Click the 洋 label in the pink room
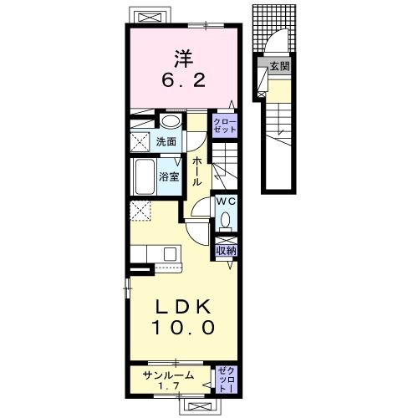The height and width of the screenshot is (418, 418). (184, 59)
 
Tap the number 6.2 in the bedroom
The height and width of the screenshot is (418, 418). (184, 81)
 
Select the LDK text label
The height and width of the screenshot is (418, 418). (183, 308)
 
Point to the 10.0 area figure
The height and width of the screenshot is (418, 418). (183, 327)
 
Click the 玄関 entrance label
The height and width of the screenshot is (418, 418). (279, 66)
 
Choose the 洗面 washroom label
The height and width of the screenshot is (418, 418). (166, 142)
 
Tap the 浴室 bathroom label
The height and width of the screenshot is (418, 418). (169, 177)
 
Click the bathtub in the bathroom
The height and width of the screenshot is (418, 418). (144, 177)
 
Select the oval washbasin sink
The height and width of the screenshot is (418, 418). (171, 122)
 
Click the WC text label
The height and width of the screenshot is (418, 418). (227, 201)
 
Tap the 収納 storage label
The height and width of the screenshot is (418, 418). (227, 251)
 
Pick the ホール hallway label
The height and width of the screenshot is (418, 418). (197, 171)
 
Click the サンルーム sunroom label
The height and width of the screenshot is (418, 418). (168, 375)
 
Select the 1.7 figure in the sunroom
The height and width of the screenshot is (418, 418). (169, 386)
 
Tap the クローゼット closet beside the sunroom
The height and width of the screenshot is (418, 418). (227, 380)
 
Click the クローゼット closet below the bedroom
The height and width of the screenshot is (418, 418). (225, 125)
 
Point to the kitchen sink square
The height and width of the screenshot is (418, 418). (170, 254)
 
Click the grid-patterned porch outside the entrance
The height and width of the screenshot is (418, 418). (274, 28)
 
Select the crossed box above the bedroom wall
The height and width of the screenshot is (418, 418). (150, 18)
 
